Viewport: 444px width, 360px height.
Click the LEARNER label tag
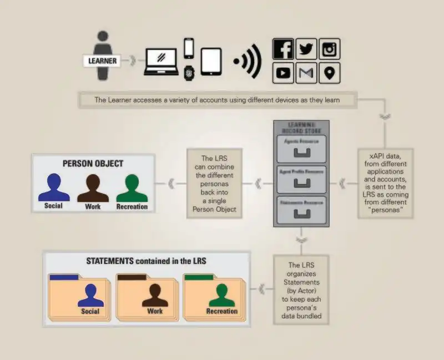click(102, 60)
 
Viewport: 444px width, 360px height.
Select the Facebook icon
click(283, 49)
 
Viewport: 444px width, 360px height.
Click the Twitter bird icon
click(306, 49)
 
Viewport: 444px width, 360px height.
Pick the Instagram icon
click(329, 49)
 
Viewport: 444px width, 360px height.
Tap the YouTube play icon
click(283, 73)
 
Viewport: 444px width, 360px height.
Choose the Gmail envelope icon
click(306, 73)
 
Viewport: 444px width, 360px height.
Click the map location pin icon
click(329, 73)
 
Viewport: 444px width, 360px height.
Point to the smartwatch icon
click(189, 72)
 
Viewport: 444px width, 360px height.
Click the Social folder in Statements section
click(80, 296)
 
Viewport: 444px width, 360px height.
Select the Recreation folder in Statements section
click(214, 296)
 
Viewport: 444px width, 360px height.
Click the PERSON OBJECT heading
click(93, 164)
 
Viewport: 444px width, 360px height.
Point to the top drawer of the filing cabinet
click(302, 148)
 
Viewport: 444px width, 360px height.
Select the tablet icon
click(211, 62)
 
